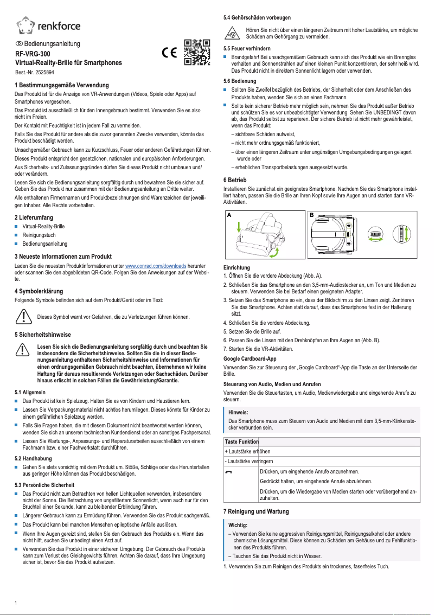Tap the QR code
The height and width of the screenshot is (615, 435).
pos(196,52)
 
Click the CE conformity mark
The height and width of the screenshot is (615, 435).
pos(170,53)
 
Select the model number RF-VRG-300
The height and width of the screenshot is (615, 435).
pos(33,54)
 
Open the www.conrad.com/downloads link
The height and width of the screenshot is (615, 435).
pos(156,266)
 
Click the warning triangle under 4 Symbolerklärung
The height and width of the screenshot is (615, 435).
pos(23,316)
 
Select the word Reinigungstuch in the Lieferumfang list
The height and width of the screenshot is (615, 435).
pos(40,235)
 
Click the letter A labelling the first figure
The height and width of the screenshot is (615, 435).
pos(229,215)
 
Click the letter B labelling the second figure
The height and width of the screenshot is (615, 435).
pos(312,215)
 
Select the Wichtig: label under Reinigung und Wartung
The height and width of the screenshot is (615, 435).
pos(238,525)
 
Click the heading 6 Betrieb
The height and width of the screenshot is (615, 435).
pos(235,180)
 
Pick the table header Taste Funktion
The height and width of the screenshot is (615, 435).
pos(241,442)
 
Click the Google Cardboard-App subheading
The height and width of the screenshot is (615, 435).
pos(250,358)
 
